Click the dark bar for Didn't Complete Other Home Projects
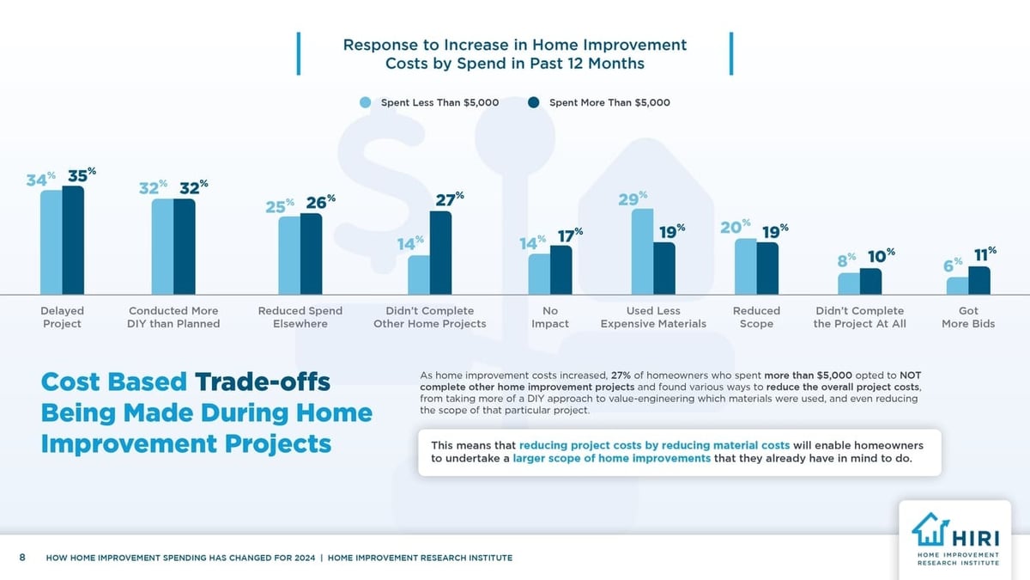tap(440, 253)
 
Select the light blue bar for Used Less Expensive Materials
tap(642, 252)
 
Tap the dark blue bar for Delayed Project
tap(73, 240)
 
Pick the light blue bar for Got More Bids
tap(957, 285)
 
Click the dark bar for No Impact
tap(560, 270)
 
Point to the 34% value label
tap(39, 180)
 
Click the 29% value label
tap(632, 199)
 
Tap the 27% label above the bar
tap(449, 199)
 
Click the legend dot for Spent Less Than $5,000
tap(366, 102)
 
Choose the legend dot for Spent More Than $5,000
tap(533, 102)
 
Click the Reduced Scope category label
tap(756, 317)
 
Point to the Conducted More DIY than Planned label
tap(173, 317)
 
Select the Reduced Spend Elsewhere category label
tap(300, 317)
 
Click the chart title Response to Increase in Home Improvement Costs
tap(515, 54)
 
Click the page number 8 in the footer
tap(22, 558)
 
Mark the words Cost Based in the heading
tap(115, 382)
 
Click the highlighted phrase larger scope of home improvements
tap(612, 459)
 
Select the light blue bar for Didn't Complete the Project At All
tap(848, 284)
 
